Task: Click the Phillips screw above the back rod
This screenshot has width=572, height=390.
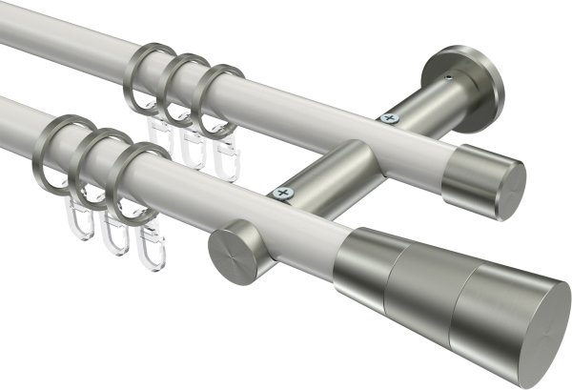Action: [x=388, y=119]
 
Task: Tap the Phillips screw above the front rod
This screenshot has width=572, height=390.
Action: [x=281, y=194]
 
